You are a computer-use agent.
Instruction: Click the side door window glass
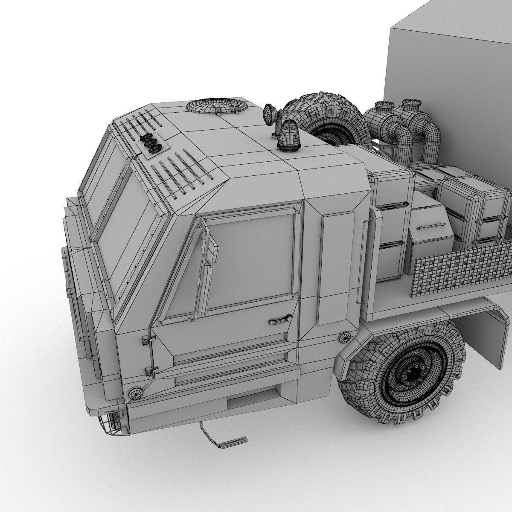[252, 265]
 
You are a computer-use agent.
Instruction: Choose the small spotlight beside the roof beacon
[270, 112]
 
